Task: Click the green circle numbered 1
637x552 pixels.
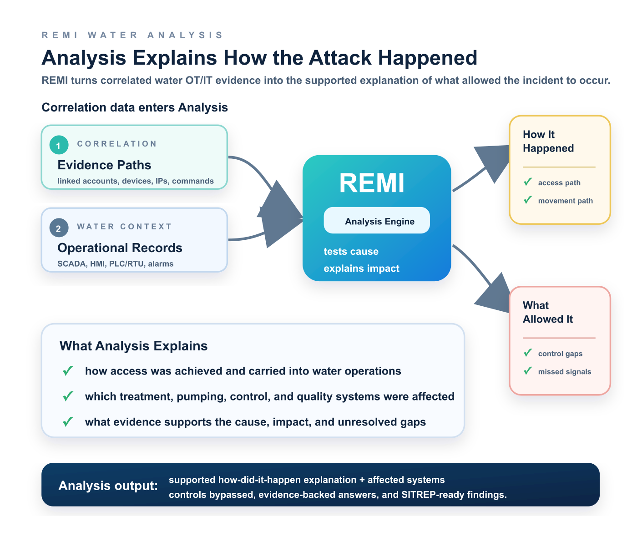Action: pos(59,145)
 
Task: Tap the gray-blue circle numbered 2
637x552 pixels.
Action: pos(59,228)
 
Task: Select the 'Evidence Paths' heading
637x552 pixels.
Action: pos(104,165)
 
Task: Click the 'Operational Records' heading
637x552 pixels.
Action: pos(120,248)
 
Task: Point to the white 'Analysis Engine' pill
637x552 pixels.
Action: pos(377,220)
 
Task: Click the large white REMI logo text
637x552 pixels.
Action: pos(372,183)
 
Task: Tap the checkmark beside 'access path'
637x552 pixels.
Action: pos(528,182)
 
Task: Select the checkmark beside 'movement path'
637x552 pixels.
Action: pos(528,200)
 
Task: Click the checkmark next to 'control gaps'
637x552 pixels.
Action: pos(528,353)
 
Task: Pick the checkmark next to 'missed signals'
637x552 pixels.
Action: pos(528,370)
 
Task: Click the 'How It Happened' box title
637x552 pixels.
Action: pos(548,141)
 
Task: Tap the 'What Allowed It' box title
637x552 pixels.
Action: pos(548,312)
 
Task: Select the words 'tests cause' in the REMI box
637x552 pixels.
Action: pos(351,252)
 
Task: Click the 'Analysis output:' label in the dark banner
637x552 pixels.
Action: pos(108,486)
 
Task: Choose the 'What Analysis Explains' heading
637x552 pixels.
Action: pos(133,346)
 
